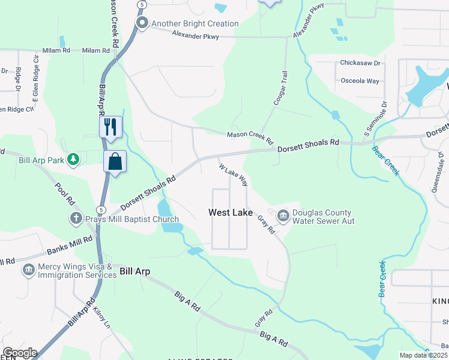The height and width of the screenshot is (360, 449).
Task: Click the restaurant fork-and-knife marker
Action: point(110,127)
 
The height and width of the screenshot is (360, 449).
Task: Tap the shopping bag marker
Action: point(115,162)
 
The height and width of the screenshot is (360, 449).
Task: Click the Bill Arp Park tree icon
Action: point(73,160)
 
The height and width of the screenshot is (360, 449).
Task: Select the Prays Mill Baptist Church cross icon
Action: point(76,218)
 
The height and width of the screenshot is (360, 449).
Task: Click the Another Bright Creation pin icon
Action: point(142,23)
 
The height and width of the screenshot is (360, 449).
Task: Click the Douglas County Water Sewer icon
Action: point(283,214)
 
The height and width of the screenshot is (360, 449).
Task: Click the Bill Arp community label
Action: point(134,271)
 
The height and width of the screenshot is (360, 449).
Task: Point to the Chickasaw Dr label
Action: point(360,62)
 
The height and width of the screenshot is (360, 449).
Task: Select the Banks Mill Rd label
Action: point(70,245)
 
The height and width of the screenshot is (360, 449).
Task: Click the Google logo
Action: point(19,353)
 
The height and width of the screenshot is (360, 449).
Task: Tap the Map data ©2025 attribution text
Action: point(423,355)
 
